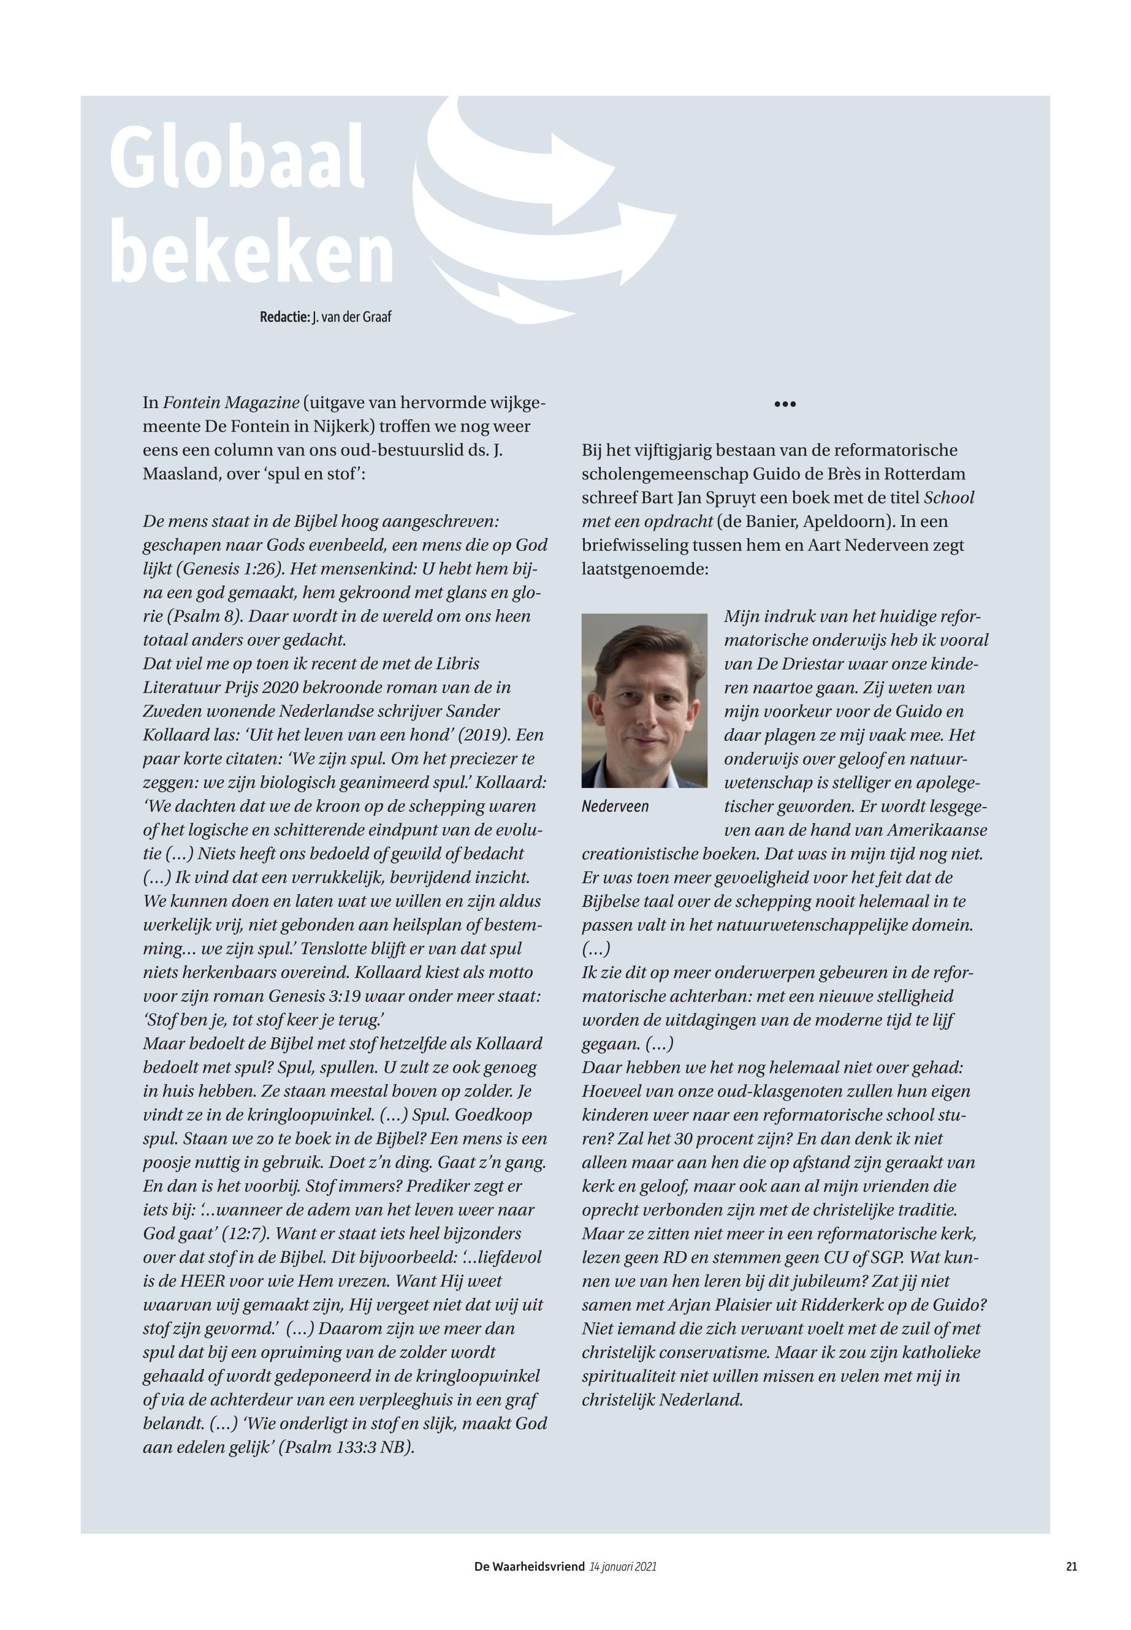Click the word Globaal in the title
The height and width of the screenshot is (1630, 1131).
pyautogui.click(x=237, y=157)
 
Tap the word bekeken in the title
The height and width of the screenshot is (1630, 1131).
pyautogui.click(x=251, y=253)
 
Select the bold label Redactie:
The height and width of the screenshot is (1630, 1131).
pyautogui.click(x=285, y=317)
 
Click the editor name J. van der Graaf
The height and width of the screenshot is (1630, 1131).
pyautogui.click(x=351, y=317)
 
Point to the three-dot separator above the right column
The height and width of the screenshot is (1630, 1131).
pyautogui.click(x=785, y=404)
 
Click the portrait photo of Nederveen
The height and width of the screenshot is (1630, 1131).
pyautogui.click(x=644, y=700)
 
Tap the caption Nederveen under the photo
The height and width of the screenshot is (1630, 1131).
pyautogui.click(x=614, y=807)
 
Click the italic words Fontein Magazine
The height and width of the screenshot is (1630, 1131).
pyautogui.click(x=231, y=403)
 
